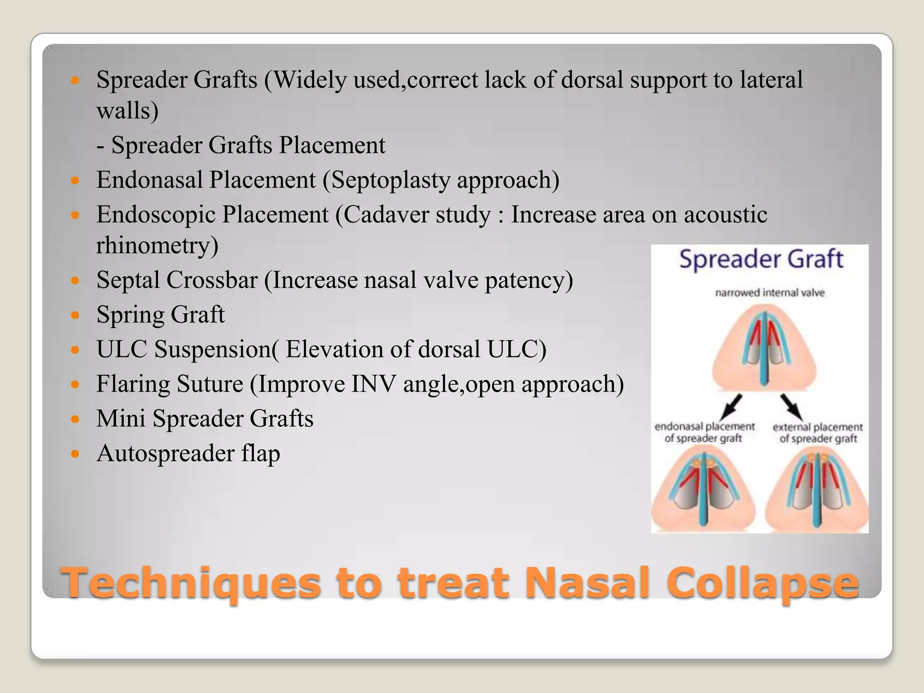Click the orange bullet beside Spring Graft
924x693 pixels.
[75, 315]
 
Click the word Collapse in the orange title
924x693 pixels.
[762, 583]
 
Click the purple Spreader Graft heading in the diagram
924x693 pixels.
[761, 259]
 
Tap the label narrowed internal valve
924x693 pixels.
[770, 293]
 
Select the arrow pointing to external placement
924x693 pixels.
[790, 406]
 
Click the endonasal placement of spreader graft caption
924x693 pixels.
[704, 432]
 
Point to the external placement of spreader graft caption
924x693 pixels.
[818, 433]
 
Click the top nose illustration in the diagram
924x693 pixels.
[763, 347]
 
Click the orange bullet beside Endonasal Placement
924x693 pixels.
[75, 181]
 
